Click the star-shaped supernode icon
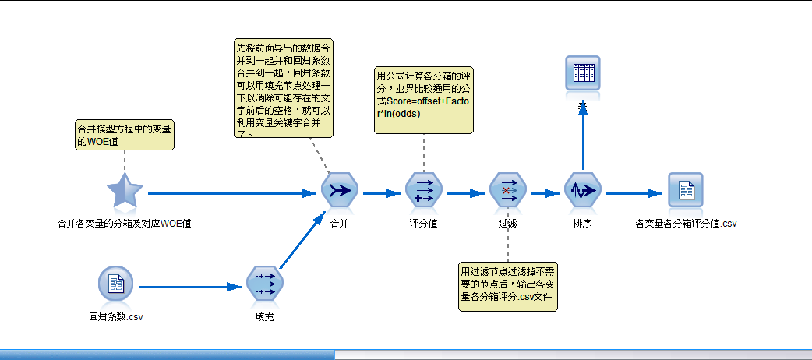click(125, 192)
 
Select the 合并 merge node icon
click(340, 192)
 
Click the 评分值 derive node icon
click(424, 192)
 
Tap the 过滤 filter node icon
click(508, 192)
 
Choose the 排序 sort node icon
click(583, 192)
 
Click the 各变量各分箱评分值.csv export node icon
click(686, 192)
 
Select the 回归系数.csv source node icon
click(116, 285)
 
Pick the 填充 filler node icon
click(265, 285)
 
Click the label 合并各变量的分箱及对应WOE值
click(125, 224)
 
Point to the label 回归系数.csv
click(116, 317)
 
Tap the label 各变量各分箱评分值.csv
click(686, 224)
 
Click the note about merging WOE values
click(124, 133)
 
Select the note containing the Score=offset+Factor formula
click(424, 99)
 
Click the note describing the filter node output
click(508, 286)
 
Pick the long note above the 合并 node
click(284, 89)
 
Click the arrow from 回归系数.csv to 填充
click(187, 286)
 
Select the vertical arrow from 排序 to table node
click(583, 140)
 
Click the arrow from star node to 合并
click(234, 192)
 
